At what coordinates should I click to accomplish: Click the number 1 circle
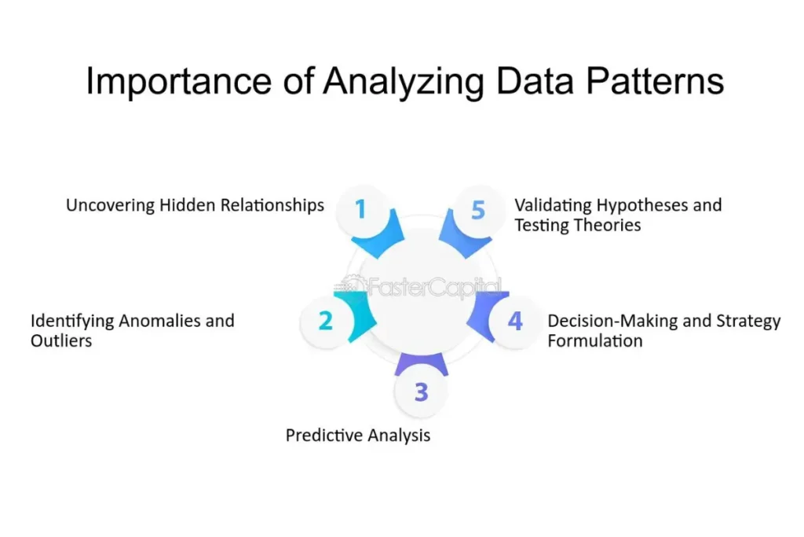(x=360, y=209)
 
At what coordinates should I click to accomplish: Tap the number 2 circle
(x=325, y=321)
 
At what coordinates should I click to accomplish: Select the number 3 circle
(x=421, y=391)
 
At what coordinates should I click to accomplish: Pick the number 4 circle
(x=515, y=321)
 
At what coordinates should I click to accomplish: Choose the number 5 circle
(x=478, y=209)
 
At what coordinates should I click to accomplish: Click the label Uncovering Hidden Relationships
(x=195, y=205)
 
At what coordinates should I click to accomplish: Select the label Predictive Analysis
(x=358, y=435)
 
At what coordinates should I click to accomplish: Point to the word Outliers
(x=61, y=341)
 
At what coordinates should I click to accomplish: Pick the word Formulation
(x=595, y=341)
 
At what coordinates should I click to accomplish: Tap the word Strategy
(x=745, y=321)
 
